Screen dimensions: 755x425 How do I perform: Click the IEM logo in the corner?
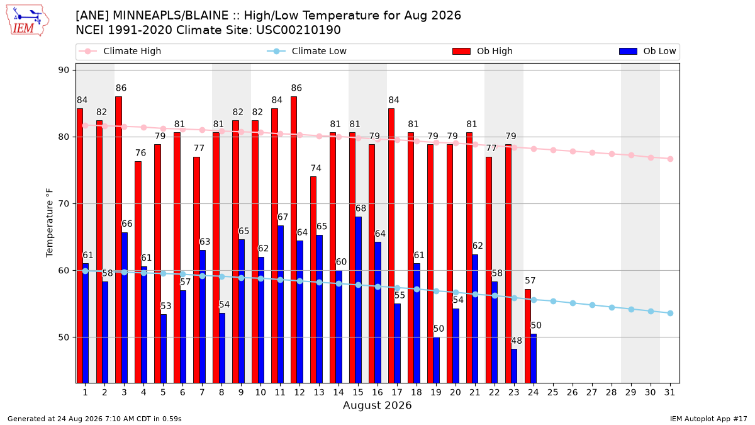(28, 21)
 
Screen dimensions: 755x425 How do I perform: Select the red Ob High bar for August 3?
(118, 239)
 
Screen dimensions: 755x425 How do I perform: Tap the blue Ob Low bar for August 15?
(358, 300)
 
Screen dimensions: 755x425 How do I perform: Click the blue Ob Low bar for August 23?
(514, 366)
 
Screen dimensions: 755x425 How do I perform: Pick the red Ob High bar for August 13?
(313, 280)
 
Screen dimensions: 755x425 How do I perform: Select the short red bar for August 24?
(527, 336)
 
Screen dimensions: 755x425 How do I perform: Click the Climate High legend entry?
(120, 51)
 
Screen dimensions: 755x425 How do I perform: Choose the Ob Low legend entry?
(647, 51)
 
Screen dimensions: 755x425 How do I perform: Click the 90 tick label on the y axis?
(64, 70)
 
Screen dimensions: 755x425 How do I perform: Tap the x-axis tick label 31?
(669, 392)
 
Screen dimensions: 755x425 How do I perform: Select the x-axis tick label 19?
(436, 392)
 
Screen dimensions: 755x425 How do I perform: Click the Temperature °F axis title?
(50, 224)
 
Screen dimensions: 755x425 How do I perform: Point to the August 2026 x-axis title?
(377, 405)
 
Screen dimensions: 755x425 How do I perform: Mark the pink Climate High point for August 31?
(670, 159)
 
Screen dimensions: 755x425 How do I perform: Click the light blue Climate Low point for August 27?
(592, 305)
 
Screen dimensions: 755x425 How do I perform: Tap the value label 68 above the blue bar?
(361, 208)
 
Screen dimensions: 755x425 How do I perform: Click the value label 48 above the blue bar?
(517, 341)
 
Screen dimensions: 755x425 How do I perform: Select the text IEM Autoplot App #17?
(708, 419)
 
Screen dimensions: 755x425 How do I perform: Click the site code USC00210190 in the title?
(298, 30)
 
